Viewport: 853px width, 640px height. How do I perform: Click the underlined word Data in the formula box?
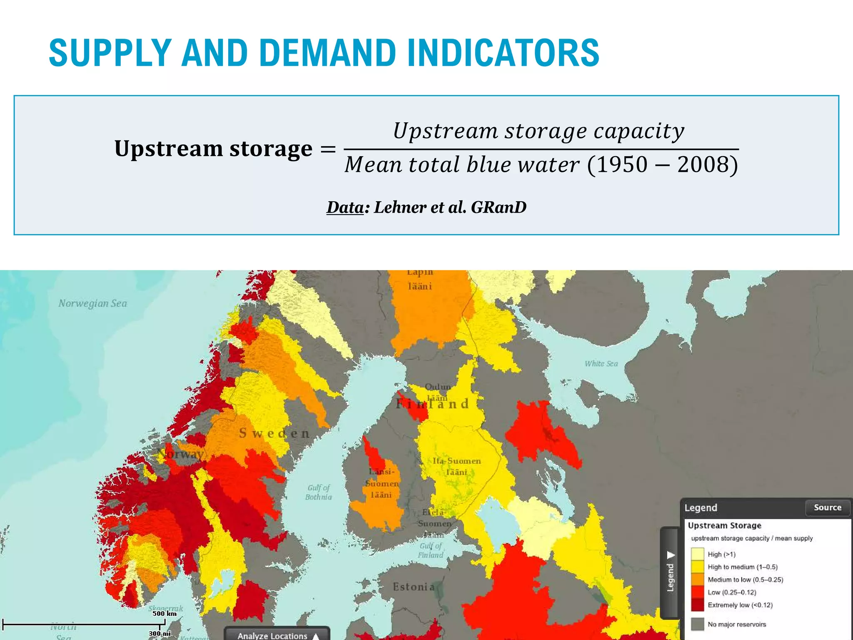click(x=345, y=207)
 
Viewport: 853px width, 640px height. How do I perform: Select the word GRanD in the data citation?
click(x=499, y=207)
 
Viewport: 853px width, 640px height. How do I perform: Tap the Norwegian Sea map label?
click(x=92, y=303)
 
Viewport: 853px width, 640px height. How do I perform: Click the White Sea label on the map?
click(x=601, y=364)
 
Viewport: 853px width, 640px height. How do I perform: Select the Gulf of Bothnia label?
click(x=319, y=492)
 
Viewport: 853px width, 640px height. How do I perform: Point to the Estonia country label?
click(x=414, y=587)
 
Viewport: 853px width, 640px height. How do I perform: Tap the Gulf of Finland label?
click(x=431, y=550)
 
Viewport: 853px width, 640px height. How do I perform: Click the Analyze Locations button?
click(x=277, y=635)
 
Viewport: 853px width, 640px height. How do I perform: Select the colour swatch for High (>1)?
click(x=697, y=554)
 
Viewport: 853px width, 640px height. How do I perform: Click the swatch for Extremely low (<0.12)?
click(x=697, y=605)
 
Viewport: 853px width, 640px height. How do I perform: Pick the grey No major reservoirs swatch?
click(x=697, y=624)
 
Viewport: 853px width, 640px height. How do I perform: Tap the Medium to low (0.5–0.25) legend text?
click(x=745, y=580)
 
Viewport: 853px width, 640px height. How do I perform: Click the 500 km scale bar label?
click(x=164, y=613)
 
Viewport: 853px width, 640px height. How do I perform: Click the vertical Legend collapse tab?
click(x=670, y=573)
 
